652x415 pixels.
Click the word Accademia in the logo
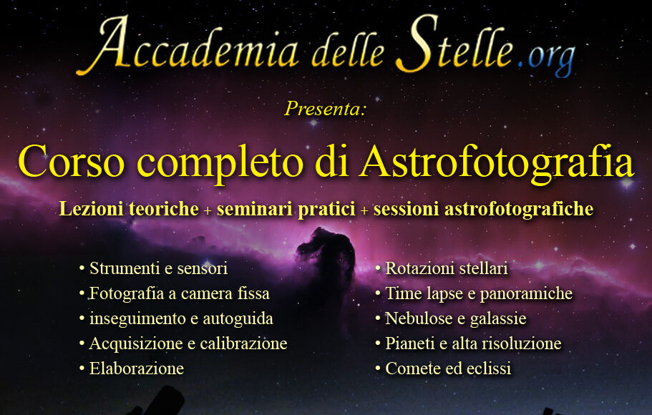(188, 47)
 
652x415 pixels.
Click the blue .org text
(547, 59)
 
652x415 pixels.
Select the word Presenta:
(326, 109)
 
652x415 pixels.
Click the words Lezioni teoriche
(129, 209)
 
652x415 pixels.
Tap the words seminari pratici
(286, 209)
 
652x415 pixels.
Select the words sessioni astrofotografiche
(483, 209)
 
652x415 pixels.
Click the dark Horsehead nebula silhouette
(329, 254)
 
